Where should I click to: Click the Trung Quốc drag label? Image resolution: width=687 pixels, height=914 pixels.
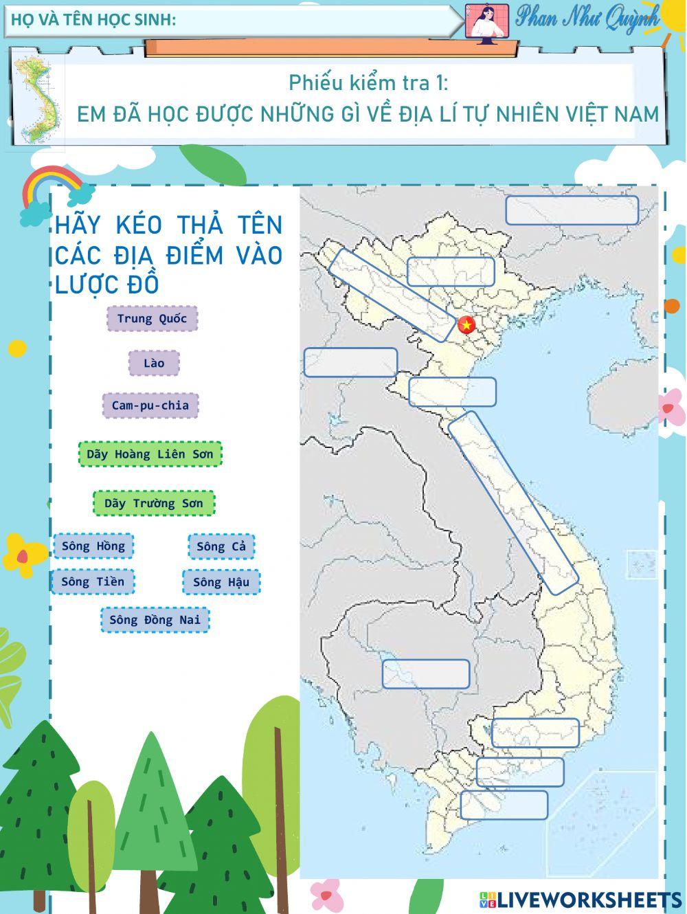point(152,318)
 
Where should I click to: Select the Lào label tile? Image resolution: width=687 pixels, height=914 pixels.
point(154,363)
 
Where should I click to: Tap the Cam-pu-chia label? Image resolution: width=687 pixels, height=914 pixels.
point(150,405)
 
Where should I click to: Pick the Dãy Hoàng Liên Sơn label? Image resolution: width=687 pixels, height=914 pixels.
point(150,454)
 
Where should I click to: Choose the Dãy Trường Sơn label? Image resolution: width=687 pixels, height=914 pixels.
point(154,503)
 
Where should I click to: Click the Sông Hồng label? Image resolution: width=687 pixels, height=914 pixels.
point(93,546)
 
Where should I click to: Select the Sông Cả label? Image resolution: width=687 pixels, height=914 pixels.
point(221,546)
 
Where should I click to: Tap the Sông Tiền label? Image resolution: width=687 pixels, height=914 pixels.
point(93,582)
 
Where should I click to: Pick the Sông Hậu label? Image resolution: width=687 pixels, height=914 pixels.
point(221,582)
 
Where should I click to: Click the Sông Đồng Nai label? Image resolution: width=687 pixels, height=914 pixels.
point(155,620)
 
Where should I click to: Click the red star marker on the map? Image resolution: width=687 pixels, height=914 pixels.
point(467,325)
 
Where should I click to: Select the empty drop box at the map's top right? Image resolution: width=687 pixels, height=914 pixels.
point(572,210)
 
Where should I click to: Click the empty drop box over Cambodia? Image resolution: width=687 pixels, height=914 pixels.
point(426,673)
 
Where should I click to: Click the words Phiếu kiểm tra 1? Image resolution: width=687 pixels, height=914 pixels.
point(368,82)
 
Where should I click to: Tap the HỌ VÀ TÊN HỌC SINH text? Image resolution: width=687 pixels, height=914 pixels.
point(93,20)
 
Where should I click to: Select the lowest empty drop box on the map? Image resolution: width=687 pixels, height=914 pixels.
point(504,805)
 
